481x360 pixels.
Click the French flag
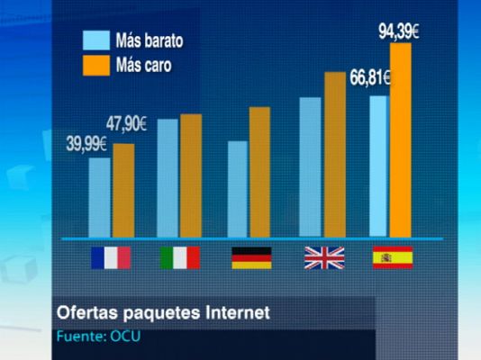point(110,257)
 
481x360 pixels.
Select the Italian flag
point(180,257)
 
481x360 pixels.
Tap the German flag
point(251,257)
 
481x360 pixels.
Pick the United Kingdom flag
point(323,257)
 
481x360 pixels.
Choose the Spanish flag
point(392,257)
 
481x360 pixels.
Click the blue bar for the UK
point(310,166)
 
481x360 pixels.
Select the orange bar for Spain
point(400,139)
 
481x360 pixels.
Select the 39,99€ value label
point(87,144)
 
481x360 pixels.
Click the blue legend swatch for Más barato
point(95,40)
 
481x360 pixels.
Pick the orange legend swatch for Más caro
point(95,65)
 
